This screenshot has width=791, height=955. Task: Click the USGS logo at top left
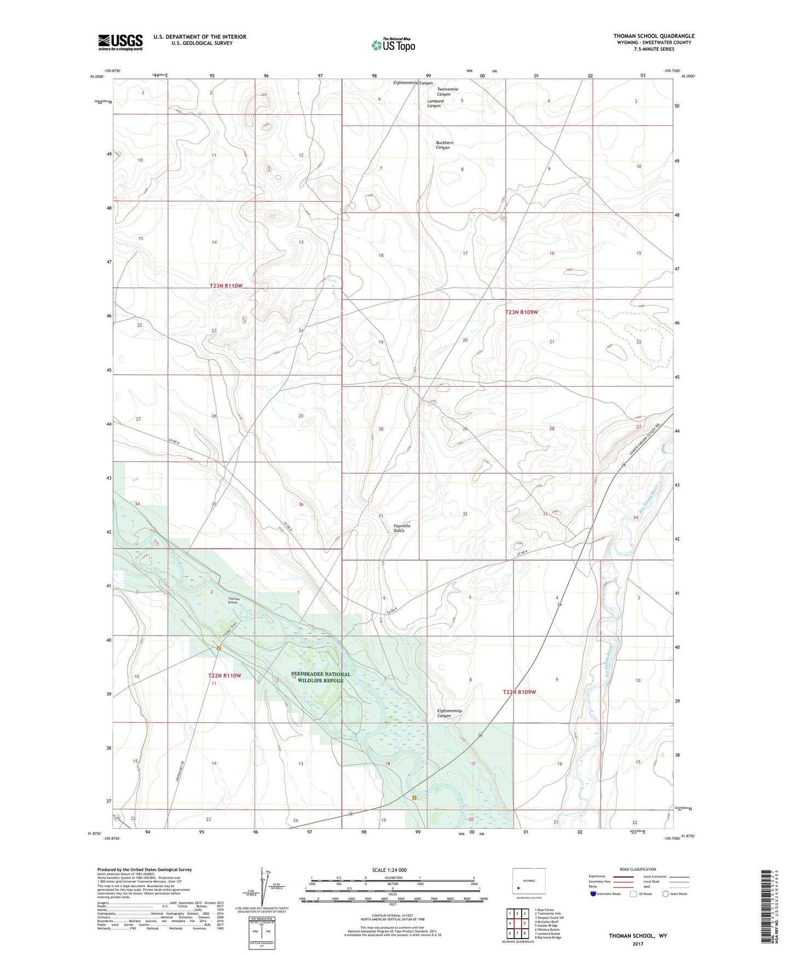[x=120, y=42]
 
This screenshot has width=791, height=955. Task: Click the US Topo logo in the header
[x=393, y=44]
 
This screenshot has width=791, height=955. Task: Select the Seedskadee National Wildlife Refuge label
[x=321, y=677]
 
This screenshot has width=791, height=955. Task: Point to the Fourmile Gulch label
[x=402, y=528]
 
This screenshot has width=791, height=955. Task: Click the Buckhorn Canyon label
[x=444, y=145]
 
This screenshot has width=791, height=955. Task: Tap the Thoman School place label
[x=234, y=601]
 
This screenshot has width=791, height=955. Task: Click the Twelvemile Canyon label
[x=447, y=91]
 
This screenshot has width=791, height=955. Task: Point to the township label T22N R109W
[x=519, y=692]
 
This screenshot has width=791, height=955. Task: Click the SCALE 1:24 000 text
[x=389, y=870]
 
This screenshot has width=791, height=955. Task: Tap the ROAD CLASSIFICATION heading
[x=638, y=869]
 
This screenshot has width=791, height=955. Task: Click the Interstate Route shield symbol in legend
[x=593, y=894]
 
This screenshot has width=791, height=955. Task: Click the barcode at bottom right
[x=769, y=908]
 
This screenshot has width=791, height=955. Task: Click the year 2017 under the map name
[x=638, y=944]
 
